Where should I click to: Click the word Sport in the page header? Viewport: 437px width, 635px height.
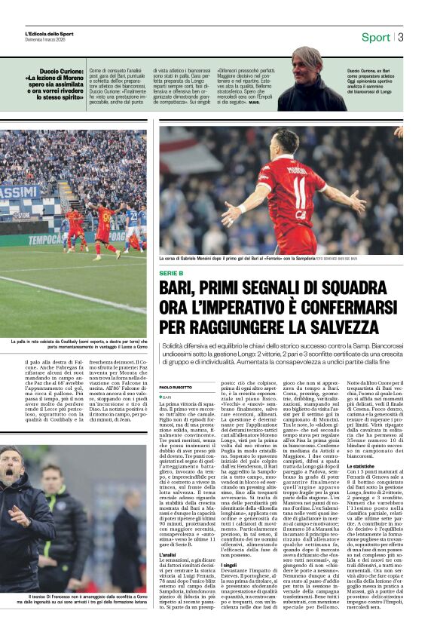(375, 37)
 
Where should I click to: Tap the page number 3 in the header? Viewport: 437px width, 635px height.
(401, 37)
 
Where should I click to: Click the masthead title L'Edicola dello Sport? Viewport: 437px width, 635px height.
(49, 34)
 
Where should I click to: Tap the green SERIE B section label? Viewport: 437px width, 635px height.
(172, 272)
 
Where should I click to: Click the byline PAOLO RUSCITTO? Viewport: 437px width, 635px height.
(176, 387)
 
